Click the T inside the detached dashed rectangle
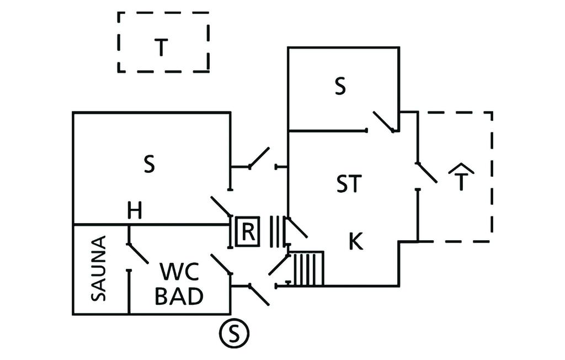160,48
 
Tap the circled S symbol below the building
234,333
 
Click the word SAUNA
99,268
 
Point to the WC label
179,272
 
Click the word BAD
179,297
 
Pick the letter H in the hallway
135,210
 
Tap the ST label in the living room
349,184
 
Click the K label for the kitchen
356,241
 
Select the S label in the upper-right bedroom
340,87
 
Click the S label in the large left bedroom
149,165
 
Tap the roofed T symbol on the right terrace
461,178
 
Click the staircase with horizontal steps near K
308,268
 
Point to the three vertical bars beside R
276,231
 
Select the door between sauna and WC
137,253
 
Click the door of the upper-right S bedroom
384,121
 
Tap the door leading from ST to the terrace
427,173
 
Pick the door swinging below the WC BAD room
259,294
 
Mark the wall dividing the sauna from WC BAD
129,293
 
